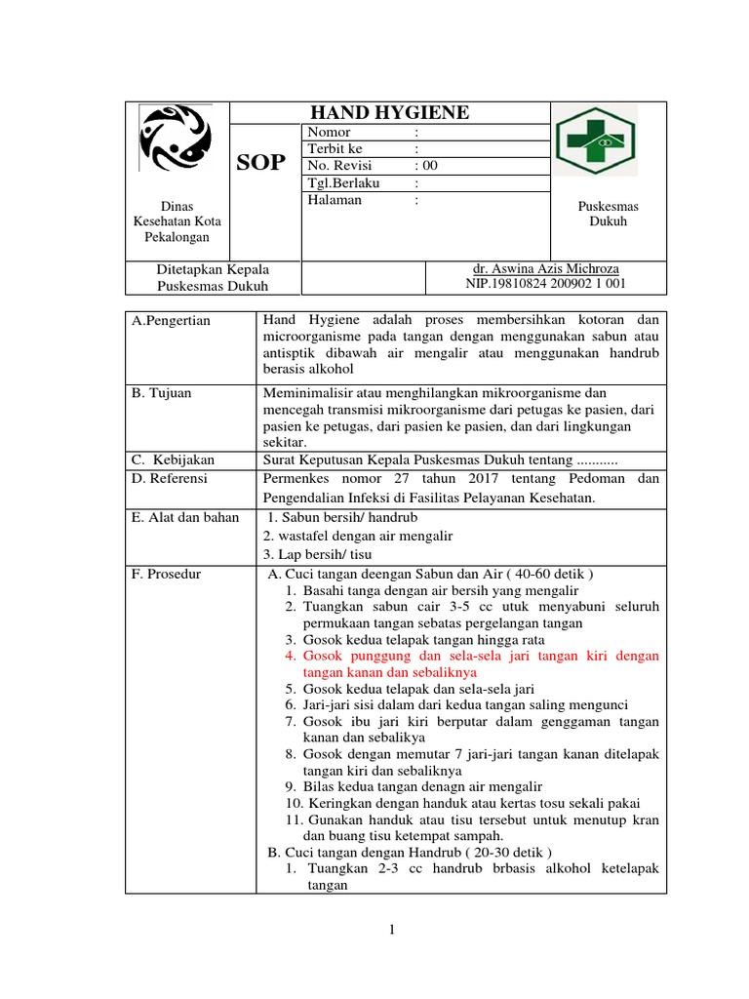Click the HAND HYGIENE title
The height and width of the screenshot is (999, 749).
[x=389, y=113]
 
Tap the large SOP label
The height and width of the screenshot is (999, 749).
[x=261, y=163]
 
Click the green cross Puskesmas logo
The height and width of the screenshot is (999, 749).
[x=595, y=141]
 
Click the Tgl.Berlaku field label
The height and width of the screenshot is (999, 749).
[x=342, y=182]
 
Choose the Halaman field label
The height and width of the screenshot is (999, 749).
[x=335, y=200]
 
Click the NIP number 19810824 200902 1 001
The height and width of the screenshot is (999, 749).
[x=546, y=284]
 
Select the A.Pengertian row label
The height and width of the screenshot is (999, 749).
[x=171, y=320]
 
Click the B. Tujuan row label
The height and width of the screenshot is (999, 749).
[x=162, y=393]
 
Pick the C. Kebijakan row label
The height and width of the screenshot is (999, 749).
[x=173, y=460]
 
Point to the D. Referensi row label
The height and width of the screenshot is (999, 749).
[x=170, y=478]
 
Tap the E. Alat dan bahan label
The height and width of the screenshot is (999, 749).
[x=185, y=517]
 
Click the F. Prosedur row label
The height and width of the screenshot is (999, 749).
[x=166, y=574]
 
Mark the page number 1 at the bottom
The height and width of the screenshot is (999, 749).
[x=391, y=930]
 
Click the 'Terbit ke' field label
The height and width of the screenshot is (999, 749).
[x=335, y=149]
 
